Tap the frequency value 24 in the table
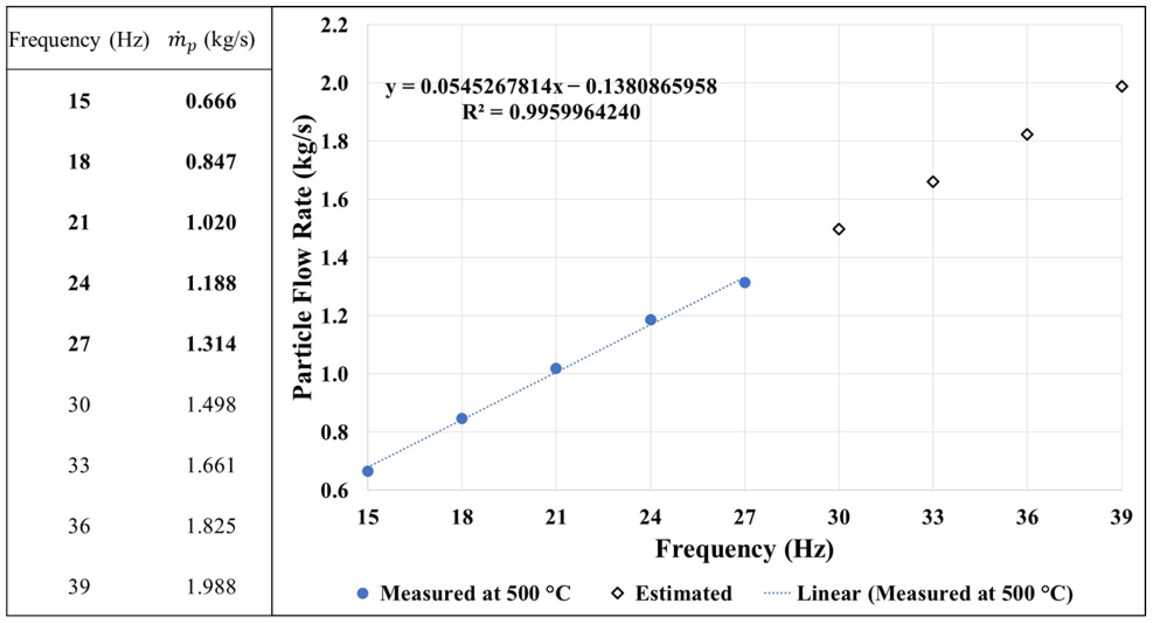click(x=79, y=283)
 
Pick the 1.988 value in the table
click(x=210, y=587)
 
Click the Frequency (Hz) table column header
click(x=79, y=40)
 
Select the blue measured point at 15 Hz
click(x=368, y=471)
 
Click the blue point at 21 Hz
click(x=556, y=368)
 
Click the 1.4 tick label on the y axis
click(x=334, y=258)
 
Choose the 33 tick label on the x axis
click(x=933, y=517)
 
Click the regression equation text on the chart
click(x=551, y=86)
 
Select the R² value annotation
click(x=551, y=112)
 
